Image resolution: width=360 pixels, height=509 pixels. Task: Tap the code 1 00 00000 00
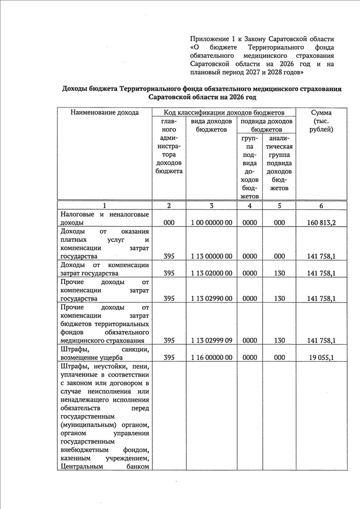[x=211, y=223]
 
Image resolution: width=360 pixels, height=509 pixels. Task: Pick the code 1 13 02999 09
[x=211, y=341]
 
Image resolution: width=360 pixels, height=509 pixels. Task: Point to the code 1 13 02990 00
[x=211, y=299]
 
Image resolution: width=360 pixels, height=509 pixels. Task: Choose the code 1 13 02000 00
[x=211, y=273]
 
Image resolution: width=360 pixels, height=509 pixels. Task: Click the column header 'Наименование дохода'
[x=105, y=113]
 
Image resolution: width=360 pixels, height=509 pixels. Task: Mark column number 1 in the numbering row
[x=105, y=206]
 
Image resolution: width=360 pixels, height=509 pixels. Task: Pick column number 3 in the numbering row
[x=211, y=206]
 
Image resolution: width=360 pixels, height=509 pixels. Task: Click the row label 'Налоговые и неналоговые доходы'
[x=105, y=219]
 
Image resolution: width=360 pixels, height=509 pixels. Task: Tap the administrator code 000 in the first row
[x=169, y=223]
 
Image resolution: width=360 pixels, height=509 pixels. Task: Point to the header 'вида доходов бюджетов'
[x=211, y=125]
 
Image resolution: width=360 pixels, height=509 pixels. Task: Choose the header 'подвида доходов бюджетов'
[x=266, y=125]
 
